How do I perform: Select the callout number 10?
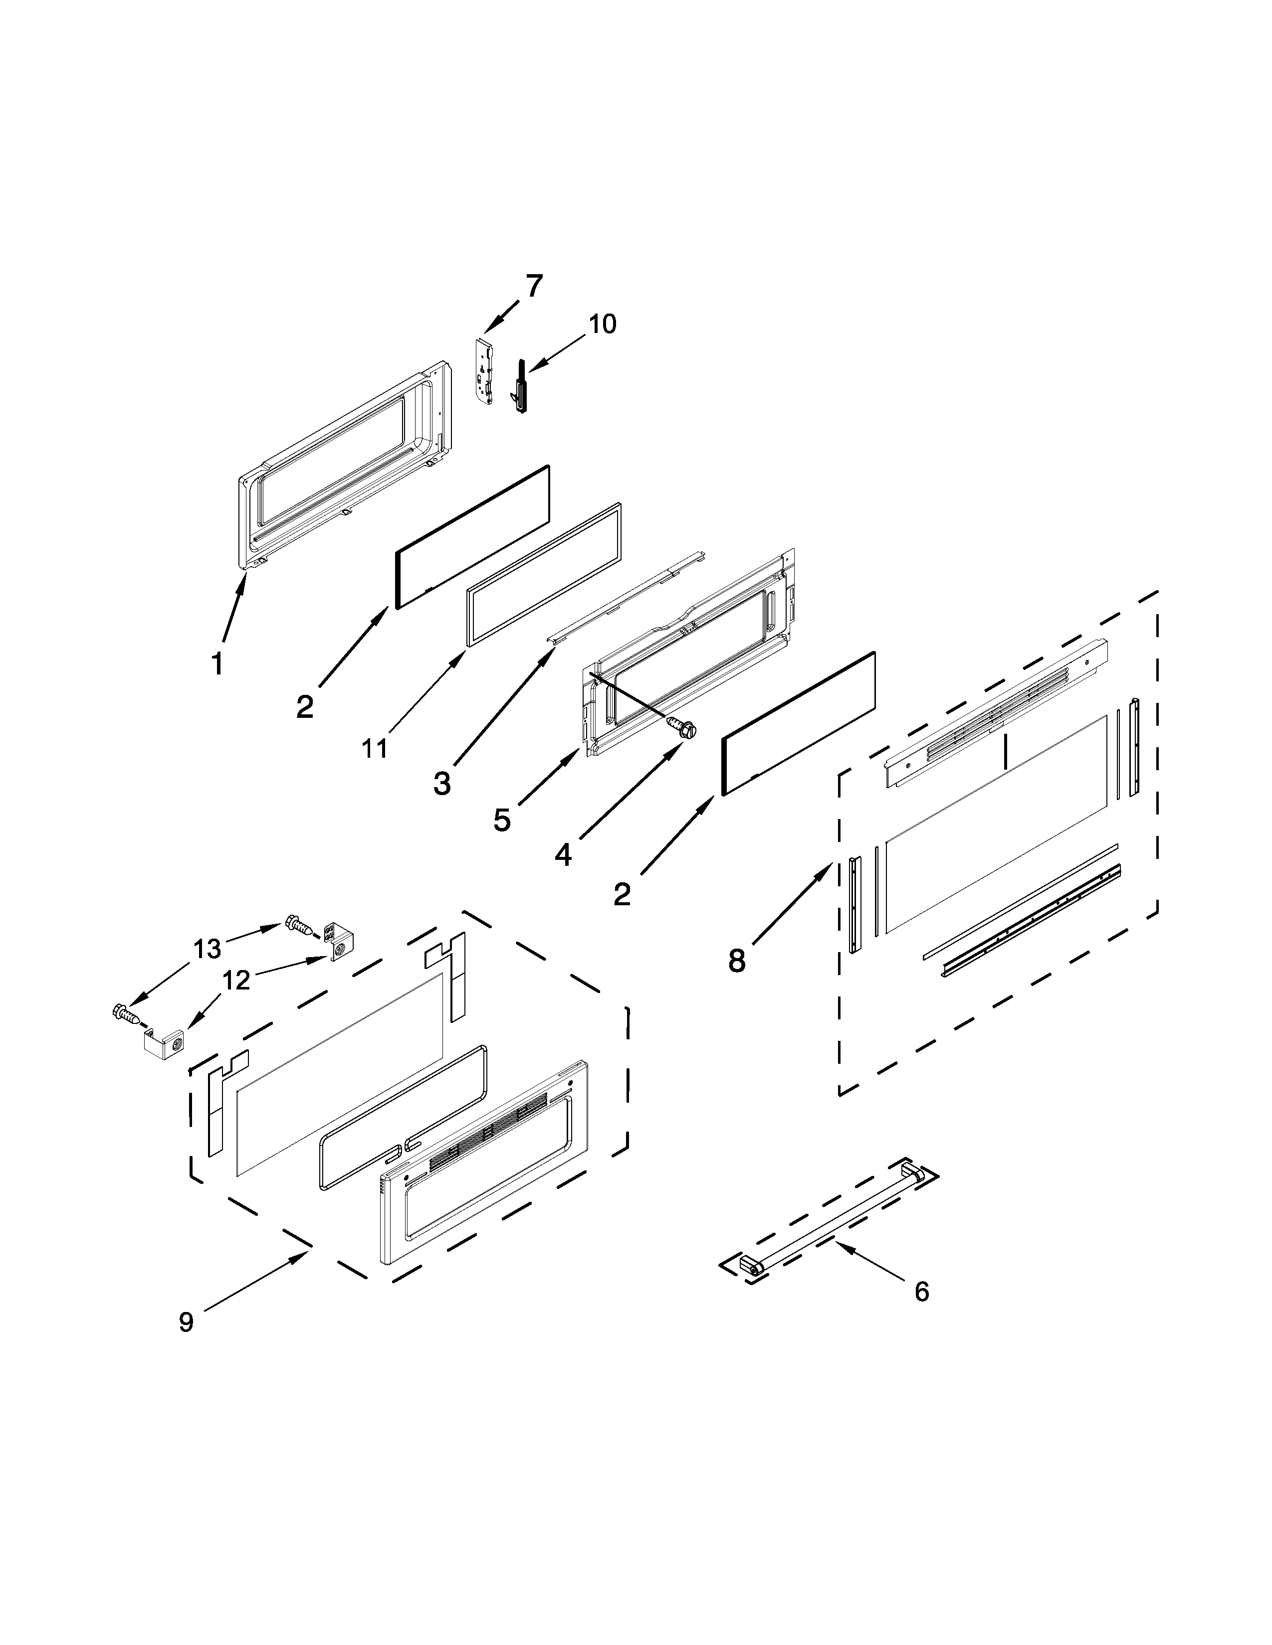pos(602,324)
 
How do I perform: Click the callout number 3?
pos(442,784)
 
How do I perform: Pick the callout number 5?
pos(502,820)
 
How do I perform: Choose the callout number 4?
pos(563,855)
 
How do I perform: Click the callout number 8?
pos(736,961)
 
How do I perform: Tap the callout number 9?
pos(186,1322)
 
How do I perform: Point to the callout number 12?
pos(236,981)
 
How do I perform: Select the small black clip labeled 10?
pos(518,386)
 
